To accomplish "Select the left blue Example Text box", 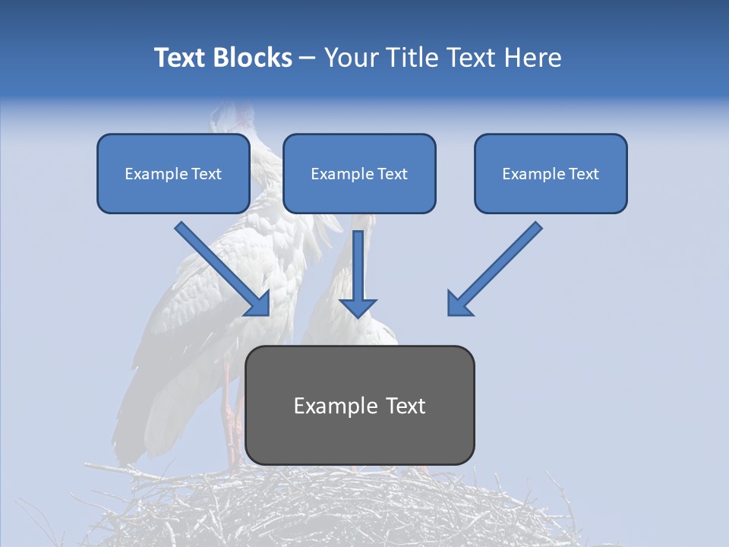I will pos(173,173).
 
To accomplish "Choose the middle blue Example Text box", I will pos(359,173).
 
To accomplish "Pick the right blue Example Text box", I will pos(551,173).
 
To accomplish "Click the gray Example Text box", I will pos(359,405).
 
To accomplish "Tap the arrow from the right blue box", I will pos(497,266).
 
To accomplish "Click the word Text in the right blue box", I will pos(584,174).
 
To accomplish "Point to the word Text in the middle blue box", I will pos(392,174).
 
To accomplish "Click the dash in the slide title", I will pos(308,58).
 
